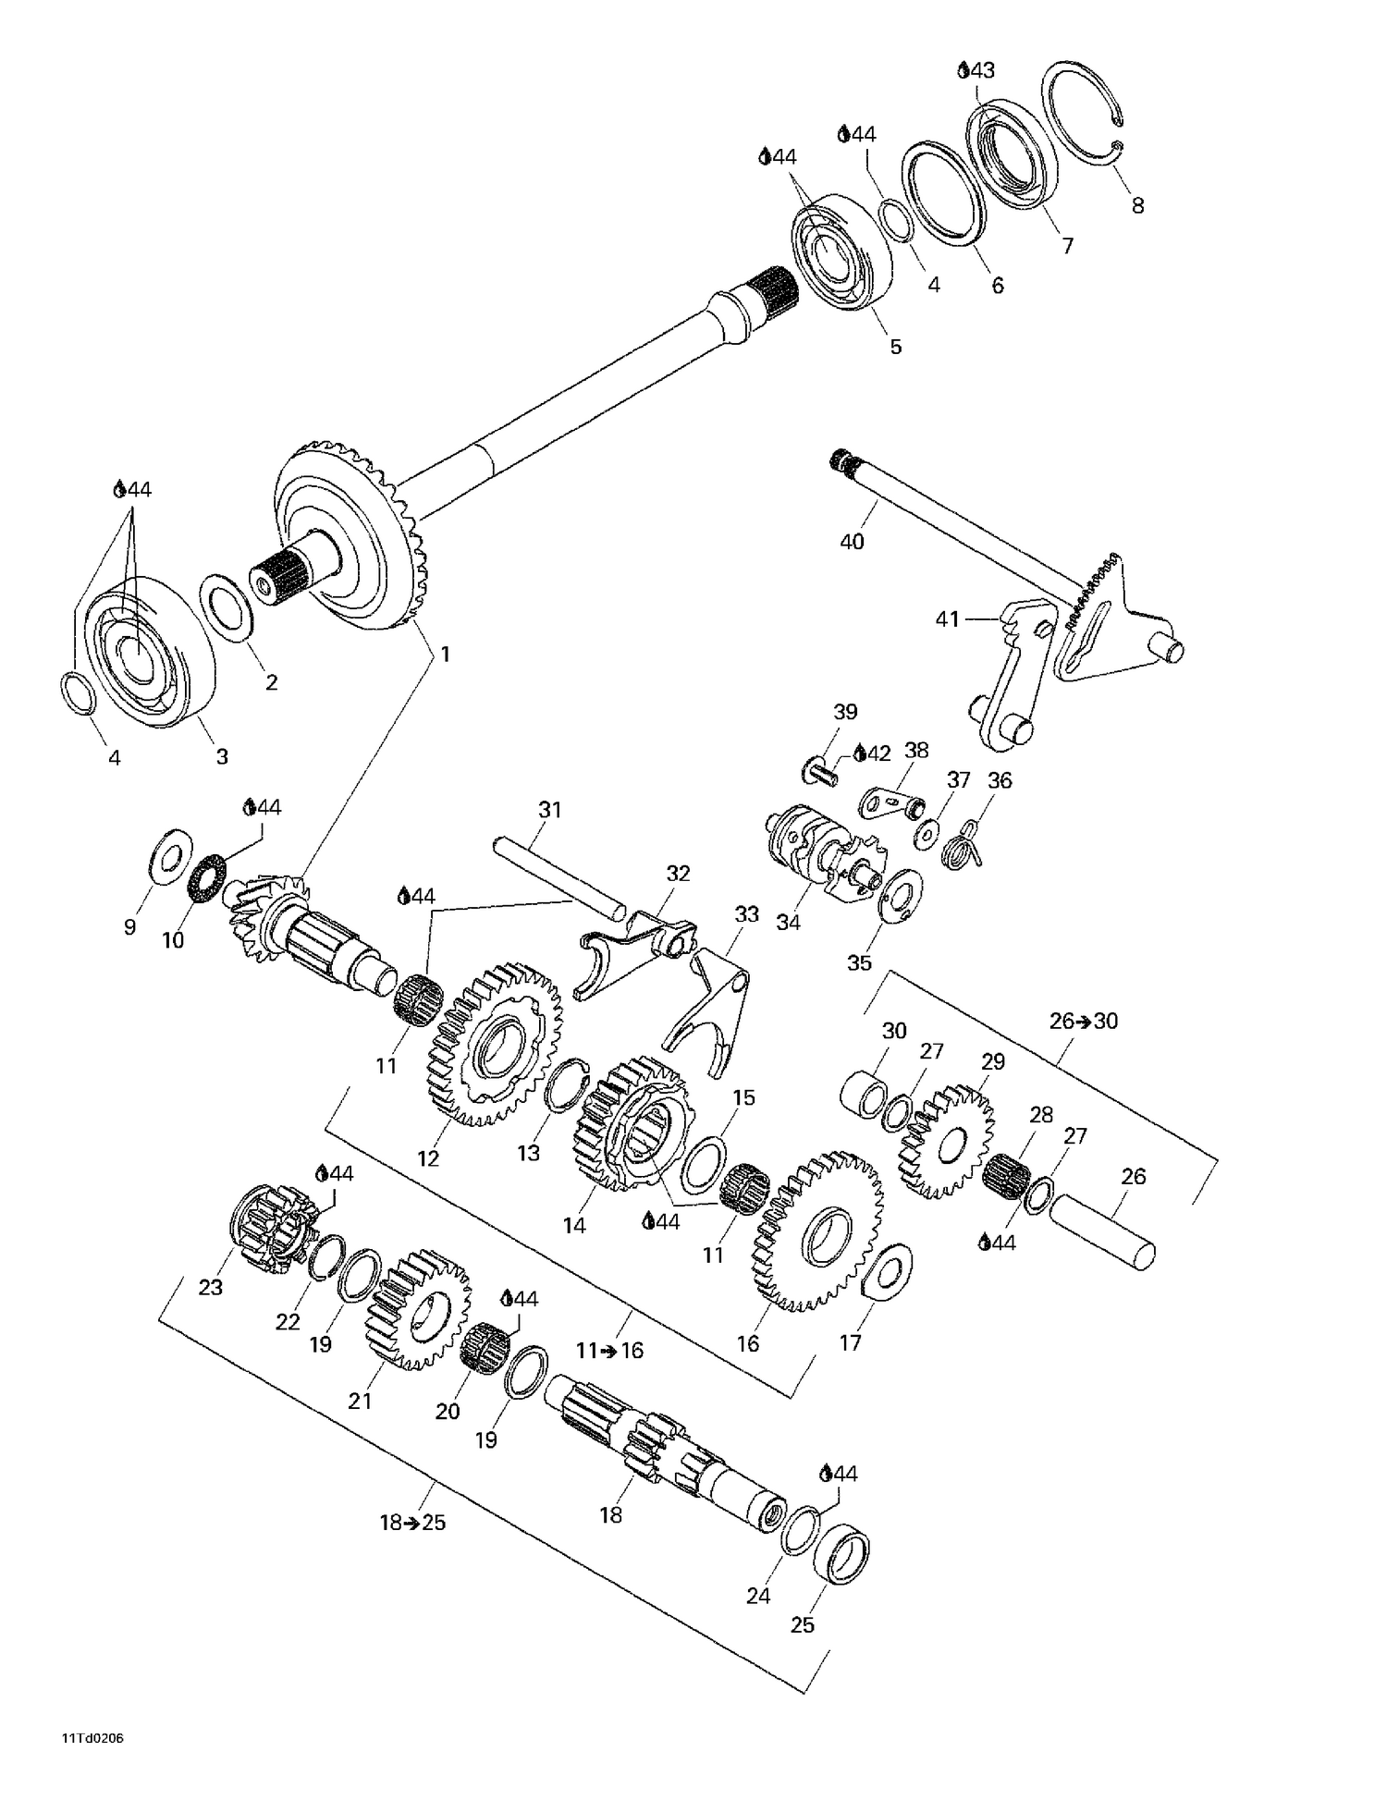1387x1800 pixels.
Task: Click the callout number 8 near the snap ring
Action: click(x=1137, y=206)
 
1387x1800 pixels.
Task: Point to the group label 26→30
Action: click(x=1084, y=1021)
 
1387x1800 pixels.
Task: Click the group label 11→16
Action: click(x=609, y=1351)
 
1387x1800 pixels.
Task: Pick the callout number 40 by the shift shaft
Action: click(x=852, y=541)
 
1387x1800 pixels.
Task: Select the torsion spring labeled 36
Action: click(x=964, y=844)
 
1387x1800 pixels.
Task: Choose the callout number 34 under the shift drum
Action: click(x=788, y=922)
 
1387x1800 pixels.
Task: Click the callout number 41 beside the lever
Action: click(x=948, y=618)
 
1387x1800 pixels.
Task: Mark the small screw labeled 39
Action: click(x=820, y=769)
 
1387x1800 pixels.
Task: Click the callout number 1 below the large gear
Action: click(x=445, y=655)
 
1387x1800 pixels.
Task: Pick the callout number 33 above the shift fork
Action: click(x=746, y=914)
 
